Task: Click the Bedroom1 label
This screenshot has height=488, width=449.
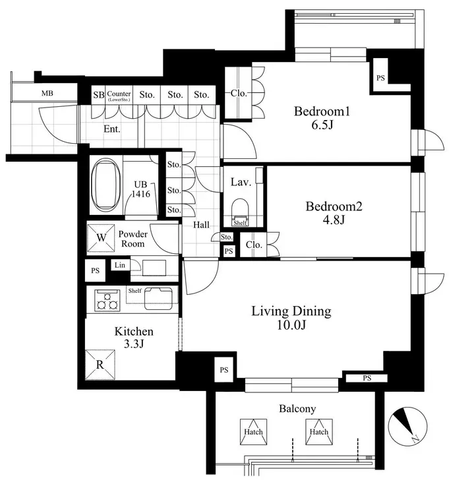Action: pyautogui.click(x=322, y=111)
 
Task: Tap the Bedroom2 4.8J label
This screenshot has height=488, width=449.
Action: pyautogui.click(x=334, y=213)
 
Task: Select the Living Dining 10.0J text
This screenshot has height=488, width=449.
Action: pyautogui.click(x=291, y=318)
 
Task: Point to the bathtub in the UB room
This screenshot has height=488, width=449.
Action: pyautogui.click(x=105, y=185)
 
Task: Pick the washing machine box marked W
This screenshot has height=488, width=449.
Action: pyautogui.click(x=101, y=238)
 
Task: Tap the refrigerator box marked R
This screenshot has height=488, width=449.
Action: pyautogui.click(x=100, y=365)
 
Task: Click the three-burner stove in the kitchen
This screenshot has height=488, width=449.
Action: pyautogui.click(x=107, y=300)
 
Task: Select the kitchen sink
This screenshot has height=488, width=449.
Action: pyautogui.click(x=158, y=299)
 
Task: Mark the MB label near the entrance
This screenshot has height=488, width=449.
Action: pyautogui.click(x=47, y=93)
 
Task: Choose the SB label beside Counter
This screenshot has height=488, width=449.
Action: pyautogui.click(x=99, y=94)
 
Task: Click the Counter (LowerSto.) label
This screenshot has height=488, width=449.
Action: pyautogui.click(x=119, y=96)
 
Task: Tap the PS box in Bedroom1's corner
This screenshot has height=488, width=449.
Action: pyautogui.click(x=380, y=77)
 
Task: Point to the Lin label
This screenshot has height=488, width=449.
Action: pyautogui.click(x=120, y=265)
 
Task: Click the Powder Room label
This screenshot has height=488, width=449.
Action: pyautogui.click(x=133, y=239)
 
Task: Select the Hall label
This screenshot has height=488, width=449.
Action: pyautogui.click(x=201, y=225)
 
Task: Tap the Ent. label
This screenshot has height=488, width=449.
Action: pyautogui.click(x=111, y=129)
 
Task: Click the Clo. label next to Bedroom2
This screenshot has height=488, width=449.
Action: pyautogui.click(x=254, y=245)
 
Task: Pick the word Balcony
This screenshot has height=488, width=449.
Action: pyautogui.click(x=297, y=409)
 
